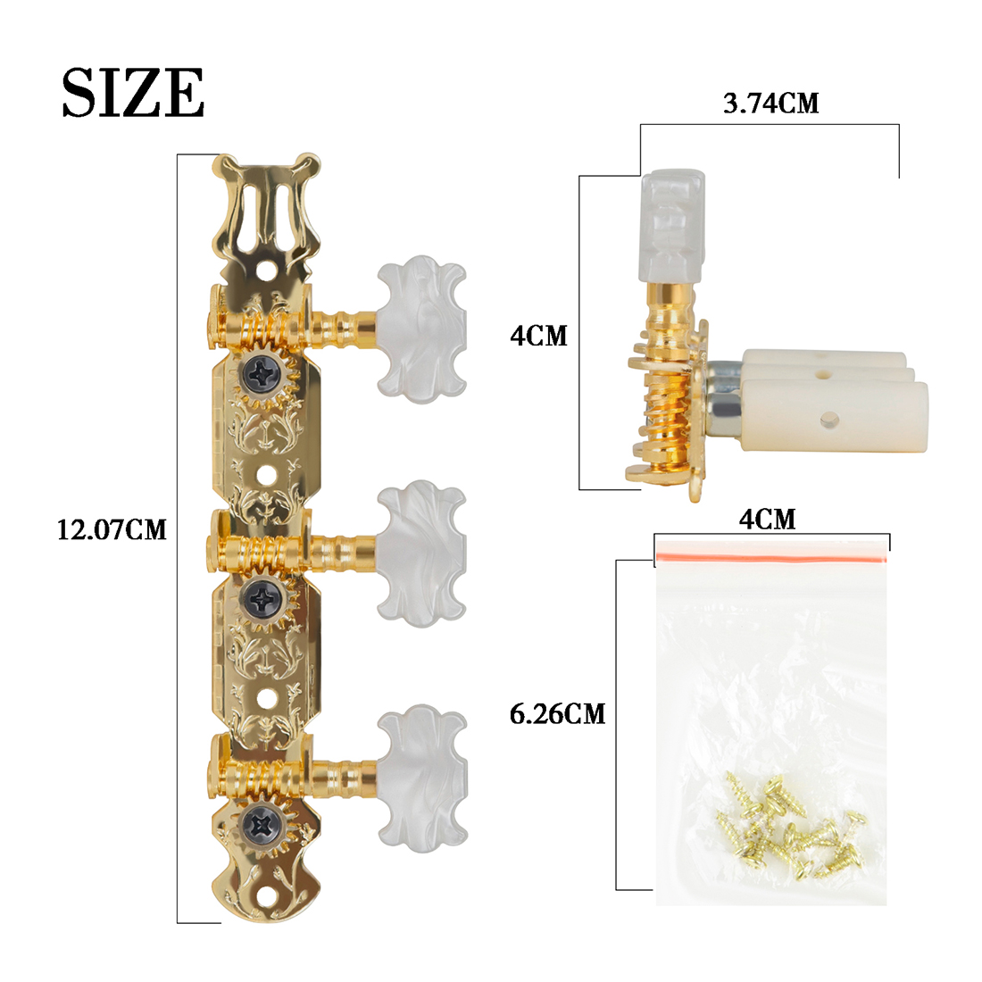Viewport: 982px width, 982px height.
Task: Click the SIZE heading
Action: click(133, 92)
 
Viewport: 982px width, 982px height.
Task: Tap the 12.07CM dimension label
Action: click(112, 530)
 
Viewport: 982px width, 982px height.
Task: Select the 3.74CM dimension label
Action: click(770, 104)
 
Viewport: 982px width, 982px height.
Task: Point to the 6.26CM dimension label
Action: click(557, 714)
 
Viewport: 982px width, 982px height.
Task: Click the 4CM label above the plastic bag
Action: click(767, 519)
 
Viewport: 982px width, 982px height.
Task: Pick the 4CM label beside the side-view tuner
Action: click(538, 337)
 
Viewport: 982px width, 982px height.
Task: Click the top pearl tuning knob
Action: click(420, 327)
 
